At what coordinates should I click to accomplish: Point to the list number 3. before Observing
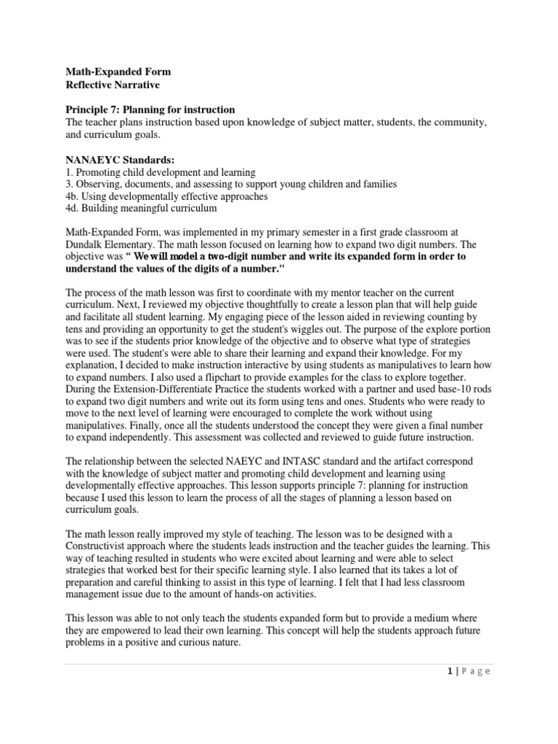(68, 185)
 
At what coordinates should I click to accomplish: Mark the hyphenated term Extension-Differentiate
(164, 386)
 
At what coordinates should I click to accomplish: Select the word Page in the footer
(477, 671)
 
